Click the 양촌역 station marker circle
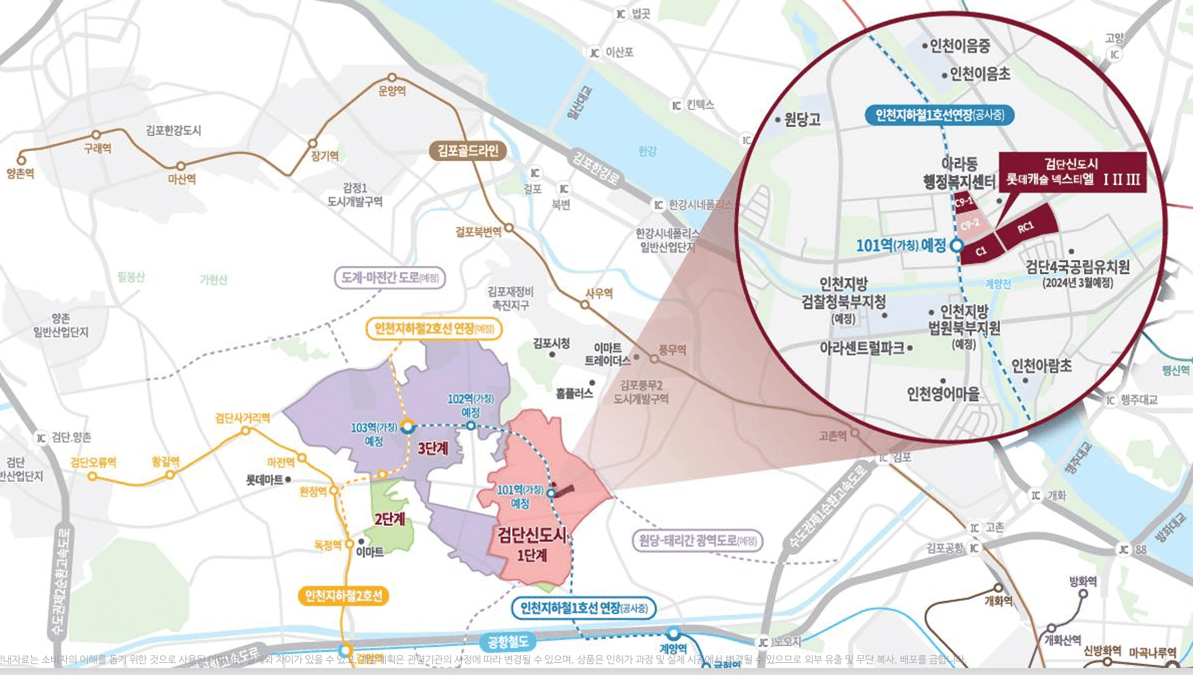click(21, 160)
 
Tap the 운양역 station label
click(392, 91)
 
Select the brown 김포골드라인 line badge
click(468, 151)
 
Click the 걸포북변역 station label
click(478, 232)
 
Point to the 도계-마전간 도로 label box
click(390, 278)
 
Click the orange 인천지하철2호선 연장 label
click(434, 329)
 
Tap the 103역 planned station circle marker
click(407, 427)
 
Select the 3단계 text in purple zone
click(432, 448)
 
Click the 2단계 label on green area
click(390, 519)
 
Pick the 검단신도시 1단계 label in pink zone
click(532, 544)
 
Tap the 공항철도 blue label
click(507, 641)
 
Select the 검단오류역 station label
click(93, 462)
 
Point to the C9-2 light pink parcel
click(970, 224)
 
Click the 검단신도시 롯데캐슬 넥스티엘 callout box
click(1073, 172)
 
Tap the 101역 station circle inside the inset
click(957, 245)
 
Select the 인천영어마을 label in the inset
click(943, 394)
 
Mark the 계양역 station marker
click(673, 634)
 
